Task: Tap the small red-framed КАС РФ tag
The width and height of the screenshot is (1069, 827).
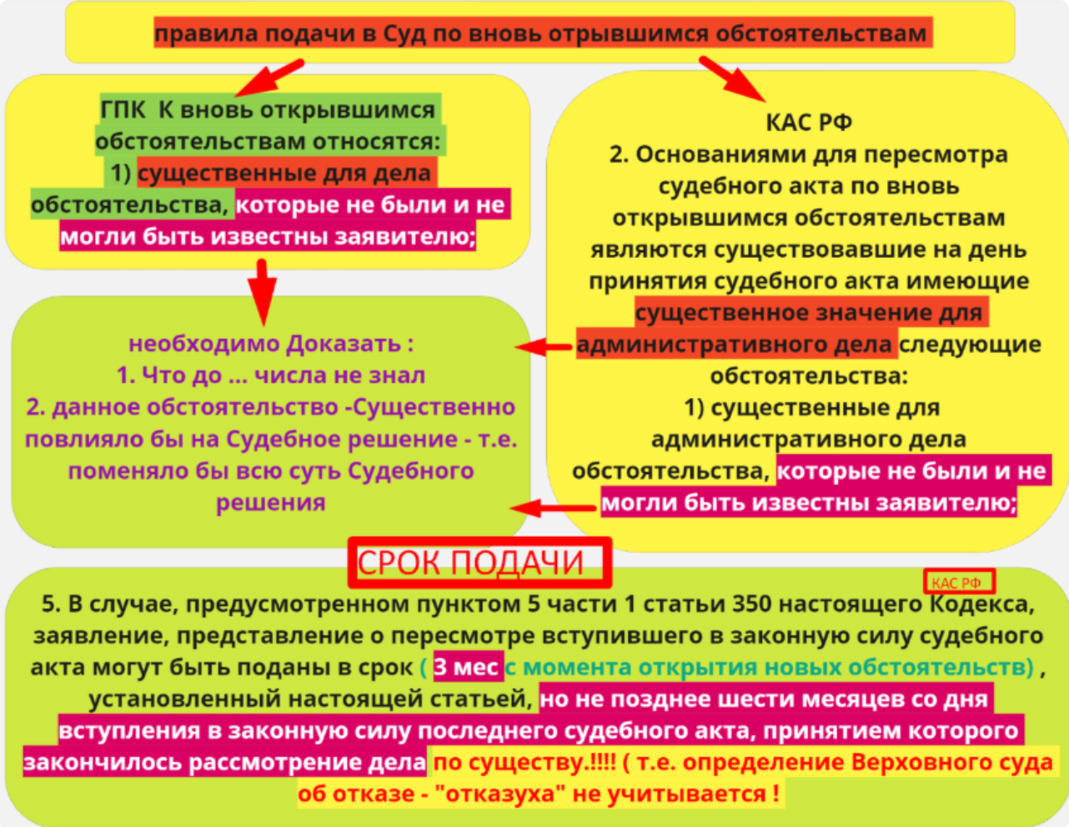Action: [959, 582]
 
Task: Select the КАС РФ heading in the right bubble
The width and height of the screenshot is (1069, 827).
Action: [809, 122]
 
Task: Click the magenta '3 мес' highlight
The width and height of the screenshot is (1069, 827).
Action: [469, 667]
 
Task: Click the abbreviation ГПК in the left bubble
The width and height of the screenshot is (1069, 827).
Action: [123, 109]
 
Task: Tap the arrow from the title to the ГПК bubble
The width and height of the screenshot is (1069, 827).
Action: [269, 78]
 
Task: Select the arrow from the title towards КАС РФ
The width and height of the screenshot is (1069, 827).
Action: [732, 78]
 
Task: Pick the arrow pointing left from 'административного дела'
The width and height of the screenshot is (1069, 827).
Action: [543, 346]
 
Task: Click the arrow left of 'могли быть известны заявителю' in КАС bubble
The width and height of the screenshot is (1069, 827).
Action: [553, 507]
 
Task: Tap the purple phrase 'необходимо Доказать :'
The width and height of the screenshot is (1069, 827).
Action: [271, 344]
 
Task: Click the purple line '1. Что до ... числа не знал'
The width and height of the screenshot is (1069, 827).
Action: [271, 375]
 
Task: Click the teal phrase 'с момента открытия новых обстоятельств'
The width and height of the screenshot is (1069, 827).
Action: [769, 667]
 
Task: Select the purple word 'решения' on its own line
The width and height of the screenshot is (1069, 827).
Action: [271, 502]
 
